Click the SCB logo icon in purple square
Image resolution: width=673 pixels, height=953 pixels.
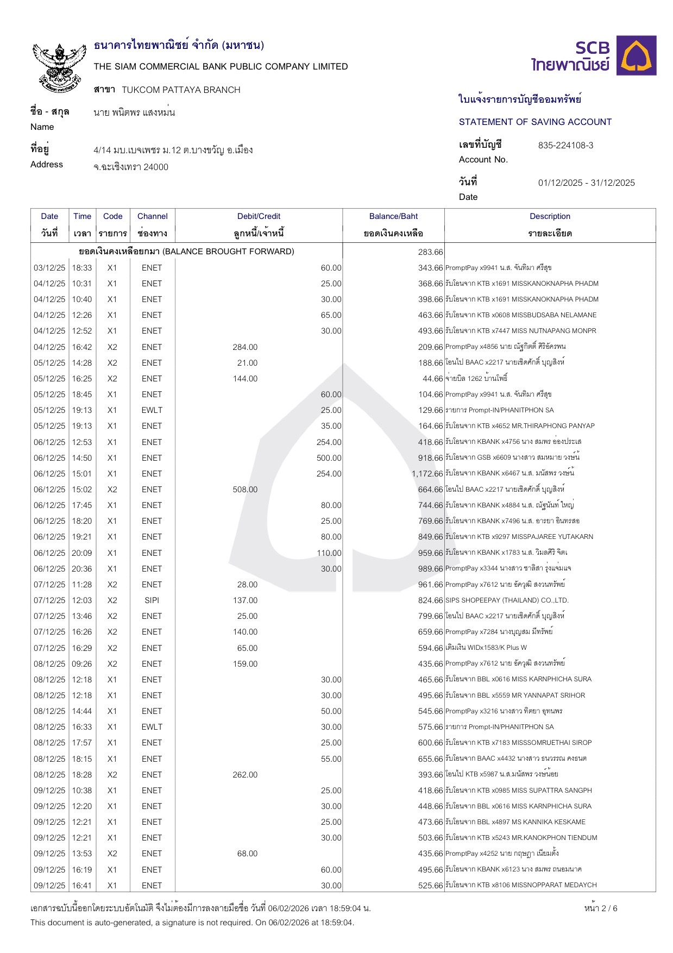click(x=639, y=55)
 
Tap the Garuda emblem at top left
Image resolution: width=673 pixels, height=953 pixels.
click(x=59, y=65)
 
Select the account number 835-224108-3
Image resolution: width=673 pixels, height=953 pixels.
click(x=565, y=146)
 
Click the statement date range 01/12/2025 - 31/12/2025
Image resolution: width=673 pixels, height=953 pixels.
click(x=586, y=183)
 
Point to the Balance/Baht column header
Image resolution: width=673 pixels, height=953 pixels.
click(x=393, y=216)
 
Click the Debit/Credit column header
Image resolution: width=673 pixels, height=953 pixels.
click(x=259, y=216)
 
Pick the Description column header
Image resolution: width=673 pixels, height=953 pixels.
click(x=550, y=216)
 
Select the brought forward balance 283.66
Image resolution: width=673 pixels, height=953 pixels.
click(x=431, y=252)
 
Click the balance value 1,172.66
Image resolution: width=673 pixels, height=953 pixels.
click(x=427, y=474)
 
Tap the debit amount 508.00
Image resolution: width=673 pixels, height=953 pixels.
click(x=245, y=490)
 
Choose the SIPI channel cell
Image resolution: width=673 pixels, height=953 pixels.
click(x=152, y=600)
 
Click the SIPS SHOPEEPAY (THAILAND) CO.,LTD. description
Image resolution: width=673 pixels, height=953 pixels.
click(x=507, y=600)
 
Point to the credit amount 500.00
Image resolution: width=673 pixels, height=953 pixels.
click(x=329, y=458)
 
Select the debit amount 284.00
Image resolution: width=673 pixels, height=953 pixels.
click(x=245, y=347)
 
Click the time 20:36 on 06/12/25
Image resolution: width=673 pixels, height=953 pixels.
click(x=82, y=569)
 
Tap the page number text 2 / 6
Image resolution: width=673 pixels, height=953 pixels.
click(x=601, y=908)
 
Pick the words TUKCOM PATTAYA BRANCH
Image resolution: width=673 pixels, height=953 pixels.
click(x=181, y=90)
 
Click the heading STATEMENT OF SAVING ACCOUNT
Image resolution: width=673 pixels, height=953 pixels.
click(x=535, y=122)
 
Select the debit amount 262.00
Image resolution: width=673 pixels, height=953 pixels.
click(x=245, y=775)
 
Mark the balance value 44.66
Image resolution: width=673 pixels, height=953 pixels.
click(x=432, y=379)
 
